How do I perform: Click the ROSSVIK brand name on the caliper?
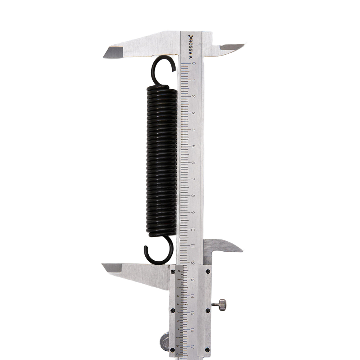(x=190, y=47)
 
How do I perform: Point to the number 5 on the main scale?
(x=193, y=146)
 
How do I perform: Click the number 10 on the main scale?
(x=193, y=230)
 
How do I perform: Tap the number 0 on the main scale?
(x=194, y=63)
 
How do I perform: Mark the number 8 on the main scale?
(x=193, y=196)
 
